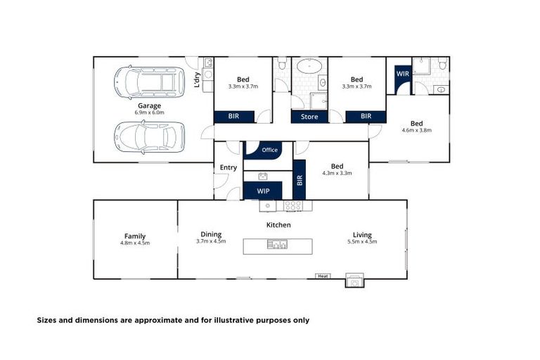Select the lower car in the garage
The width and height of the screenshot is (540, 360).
point(148,136)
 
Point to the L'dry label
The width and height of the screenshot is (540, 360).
point(198,82)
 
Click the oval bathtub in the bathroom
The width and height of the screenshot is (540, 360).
point(309,67)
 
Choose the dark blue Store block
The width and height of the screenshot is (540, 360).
point(309,117)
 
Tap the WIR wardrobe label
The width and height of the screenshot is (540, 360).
point(403,74)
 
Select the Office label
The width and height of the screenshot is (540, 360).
point(269,150)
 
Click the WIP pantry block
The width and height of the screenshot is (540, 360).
point(263,191)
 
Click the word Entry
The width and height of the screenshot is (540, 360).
point(229,167)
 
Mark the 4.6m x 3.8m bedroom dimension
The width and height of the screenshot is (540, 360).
point(416,130)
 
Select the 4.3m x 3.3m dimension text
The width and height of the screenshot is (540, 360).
point(337,173)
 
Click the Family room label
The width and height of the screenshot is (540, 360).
point(135,236)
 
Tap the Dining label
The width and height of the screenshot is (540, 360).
point(211,235)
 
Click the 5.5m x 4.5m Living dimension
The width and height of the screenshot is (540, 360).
point(363,242)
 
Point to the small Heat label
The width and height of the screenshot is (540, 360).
point(323,276)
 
